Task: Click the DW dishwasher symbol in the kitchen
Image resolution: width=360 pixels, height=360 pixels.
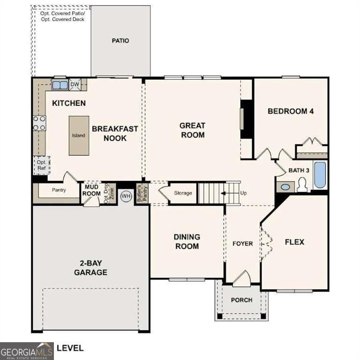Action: [75, 85]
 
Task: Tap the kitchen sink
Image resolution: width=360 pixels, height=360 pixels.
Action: [59, 85]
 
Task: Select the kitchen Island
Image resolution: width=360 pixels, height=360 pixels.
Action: [79, 135]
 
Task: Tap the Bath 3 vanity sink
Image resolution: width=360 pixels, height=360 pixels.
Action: [285, 187]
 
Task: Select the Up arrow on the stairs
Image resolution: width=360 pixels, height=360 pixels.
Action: [229, 193]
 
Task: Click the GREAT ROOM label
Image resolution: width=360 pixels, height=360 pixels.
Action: [192, 130]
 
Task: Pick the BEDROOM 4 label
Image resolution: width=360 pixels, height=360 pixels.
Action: [290, 112]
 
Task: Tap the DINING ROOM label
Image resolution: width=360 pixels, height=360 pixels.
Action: [187, 241]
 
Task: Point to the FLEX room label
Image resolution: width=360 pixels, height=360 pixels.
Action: [294, 242]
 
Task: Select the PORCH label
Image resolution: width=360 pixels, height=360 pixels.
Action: [241, 300]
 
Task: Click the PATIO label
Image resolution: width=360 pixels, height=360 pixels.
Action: [120, 41]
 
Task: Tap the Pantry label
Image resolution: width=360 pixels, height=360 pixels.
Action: [58, 190]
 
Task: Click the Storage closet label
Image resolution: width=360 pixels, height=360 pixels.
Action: [183, 193]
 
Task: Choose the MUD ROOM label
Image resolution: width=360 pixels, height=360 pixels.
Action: [92, 190]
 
